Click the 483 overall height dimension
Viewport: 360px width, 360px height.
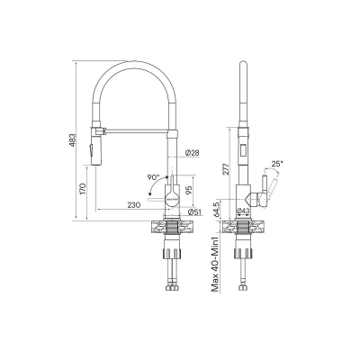tap(72, 140)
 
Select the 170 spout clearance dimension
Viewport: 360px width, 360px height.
tap(83, 188)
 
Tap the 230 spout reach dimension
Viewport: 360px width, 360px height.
tap(134, 205)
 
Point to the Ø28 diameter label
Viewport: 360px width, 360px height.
tap(192, 153)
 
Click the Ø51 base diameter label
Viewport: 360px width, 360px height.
tap(194, 212)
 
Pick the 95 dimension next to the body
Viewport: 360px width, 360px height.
tap(189, 190)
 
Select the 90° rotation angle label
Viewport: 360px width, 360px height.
tap(154, 177)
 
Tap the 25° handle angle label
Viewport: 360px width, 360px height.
tap(277, 164)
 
